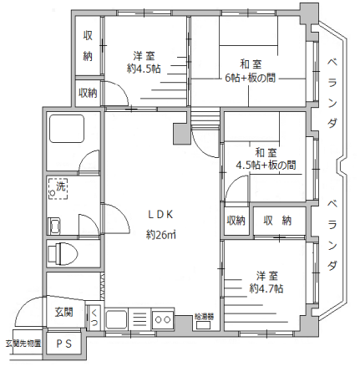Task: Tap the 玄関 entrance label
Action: (x=64, y=313)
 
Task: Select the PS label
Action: (x=63, y=344)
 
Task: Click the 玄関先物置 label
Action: (x=23, y=342)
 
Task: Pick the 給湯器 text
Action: (x=205, y=317)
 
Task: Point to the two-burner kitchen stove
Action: (x=161, y=318)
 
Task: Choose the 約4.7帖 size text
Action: (x=266, y=288)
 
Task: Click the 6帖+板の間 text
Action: (x=251, y=79)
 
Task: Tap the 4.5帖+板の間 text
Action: (x=266, y=166)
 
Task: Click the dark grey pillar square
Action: (x=180, y=134)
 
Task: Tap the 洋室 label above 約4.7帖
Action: (x=266, y=275)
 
